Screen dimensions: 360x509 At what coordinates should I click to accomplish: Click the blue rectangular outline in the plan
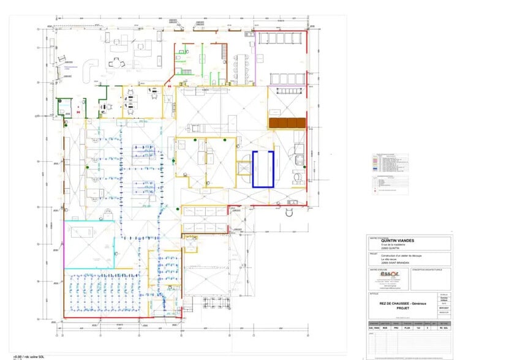262,168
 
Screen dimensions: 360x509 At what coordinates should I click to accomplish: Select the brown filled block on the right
287,123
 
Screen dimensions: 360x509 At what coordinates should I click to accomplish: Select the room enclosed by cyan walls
89,242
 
